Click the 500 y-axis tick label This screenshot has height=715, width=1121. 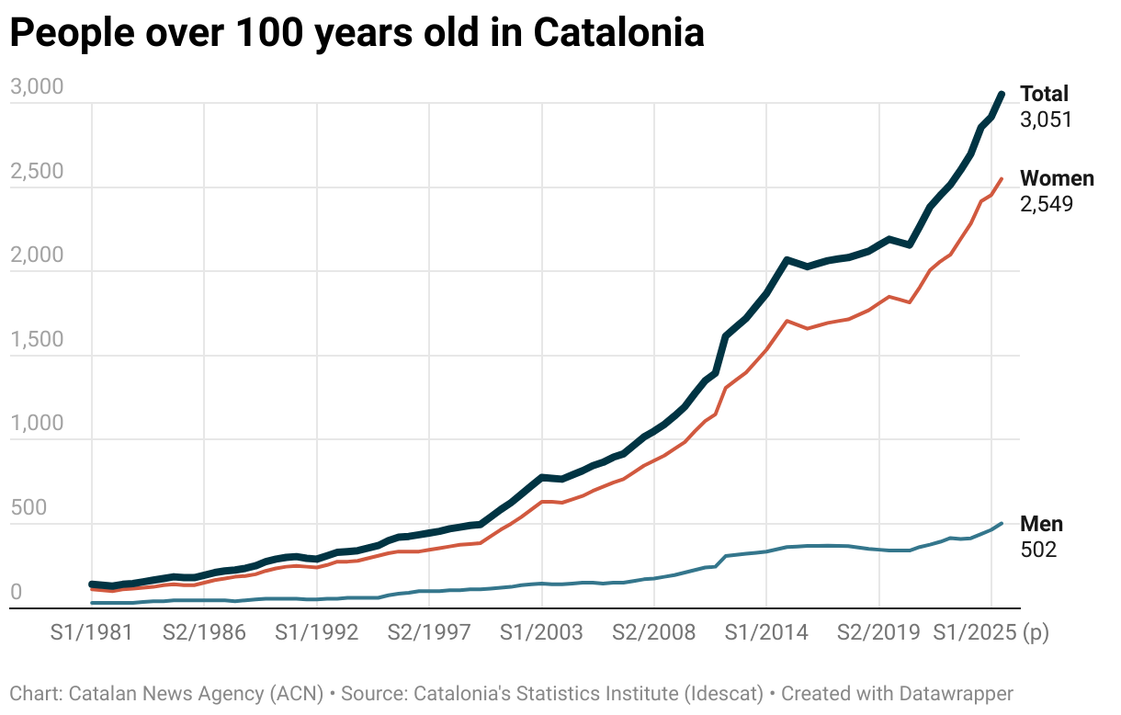click(x=28, y=508)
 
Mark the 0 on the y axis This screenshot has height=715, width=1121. click(x=16, y=593)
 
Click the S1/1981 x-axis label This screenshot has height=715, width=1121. click(x=92, y=632)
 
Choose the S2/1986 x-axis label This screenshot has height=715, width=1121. click(x=204, y=632)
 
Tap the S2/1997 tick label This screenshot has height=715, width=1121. click(x=429, y=632)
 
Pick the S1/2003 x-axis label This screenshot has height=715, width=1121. click(x=541, y=632)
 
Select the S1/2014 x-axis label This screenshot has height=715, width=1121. click(x=766, y=632)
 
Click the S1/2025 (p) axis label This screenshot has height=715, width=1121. click(x=991, y=632)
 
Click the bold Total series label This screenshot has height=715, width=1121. click(x=1045, y=94)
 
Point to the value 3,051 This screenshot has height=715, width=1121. click(x=1046, y=119)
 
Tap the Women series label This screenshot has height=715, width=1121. click(x=1057, y=178)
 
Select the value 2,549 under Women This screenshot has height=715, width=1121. click(x=1046, y=203)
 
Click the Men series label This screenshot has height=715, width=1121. click(x=1041, y=524)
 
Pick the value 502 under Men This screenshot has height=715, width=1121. click(x=1038, y=550)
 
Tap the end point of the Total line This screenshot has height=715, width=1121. click(x=1002, y=94)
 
